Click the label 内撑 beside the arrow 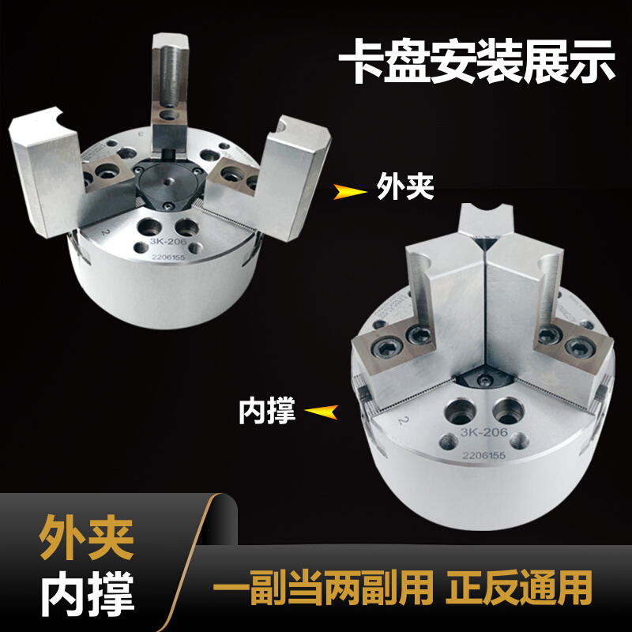pos(267,411)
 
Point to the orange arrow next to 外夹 pos(349,190)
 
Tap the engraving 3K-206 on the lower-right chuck pos(483,435)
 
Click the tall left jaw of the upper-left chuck pos(45,170)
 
